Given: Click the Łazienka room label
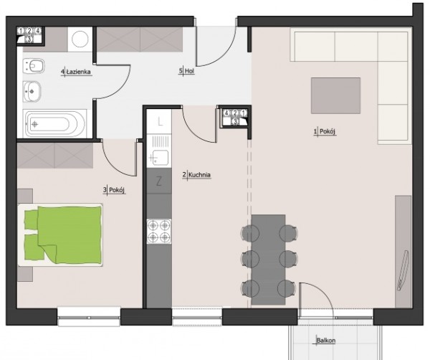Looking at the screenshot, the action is (x=76, y=72).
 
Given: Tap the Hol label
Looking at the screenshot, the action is (x=187, y=71).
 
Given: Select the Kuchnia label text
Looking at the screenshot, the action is (x=196, y=175).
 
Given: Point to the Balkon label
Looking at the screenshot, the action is (x=325, y=341).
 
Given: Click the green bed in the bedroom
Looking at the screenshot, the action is (x=61, y=235).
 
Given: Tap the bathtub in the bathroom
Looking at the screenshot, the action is (x=55, y=124).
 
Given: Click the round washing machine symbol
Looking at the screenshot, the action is (x=80, y=39).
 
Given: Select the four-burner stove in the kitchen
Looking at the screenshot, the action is (x=159, y=232).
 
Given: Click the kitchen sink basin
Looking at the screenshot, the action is (x=161, y=158).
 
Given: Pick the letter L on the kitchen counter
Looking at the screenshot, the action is (x=160, y=121).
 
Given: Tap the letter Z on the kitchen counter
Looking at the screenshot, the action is (x=159, y=181).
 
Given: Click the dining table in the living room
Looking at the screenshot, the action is (x=268, y=260).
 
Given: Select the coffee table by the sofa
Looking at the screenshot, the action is (x=335, y=95).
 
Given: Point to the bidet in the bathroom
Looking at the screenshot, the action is (x=34, y=66).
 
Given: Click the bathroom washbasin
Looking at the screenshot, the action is (x=32, y=91).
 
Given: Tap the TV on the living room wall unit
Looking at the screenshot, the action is (x=403, y=270).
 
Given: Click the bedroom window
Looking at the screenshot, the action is (x=89, y=317).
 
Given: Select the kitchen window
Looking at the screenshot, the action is (x=197, y=317).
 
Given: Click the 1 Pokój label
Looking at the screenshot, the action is (x=325, y=132).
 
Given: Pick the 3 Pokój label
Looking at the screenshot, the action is (x=115, y=190).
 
